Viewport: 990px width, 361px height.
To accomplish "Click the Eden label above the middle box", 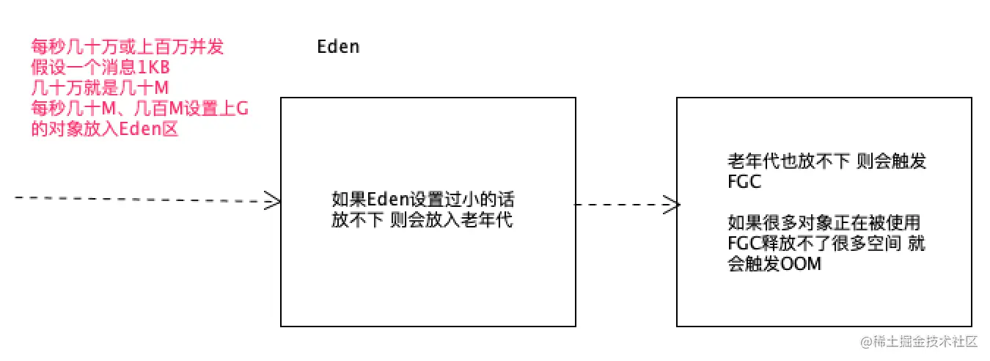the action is click(338, 47).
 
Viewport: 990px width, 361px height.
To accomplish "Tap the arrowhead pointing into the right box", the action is click(670, 205).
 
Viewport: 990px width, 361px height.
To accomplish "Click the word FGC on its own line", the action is click(744, 182).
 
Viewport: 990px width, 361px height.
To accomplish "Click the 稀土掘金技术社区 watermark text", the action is click(920, 341).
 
